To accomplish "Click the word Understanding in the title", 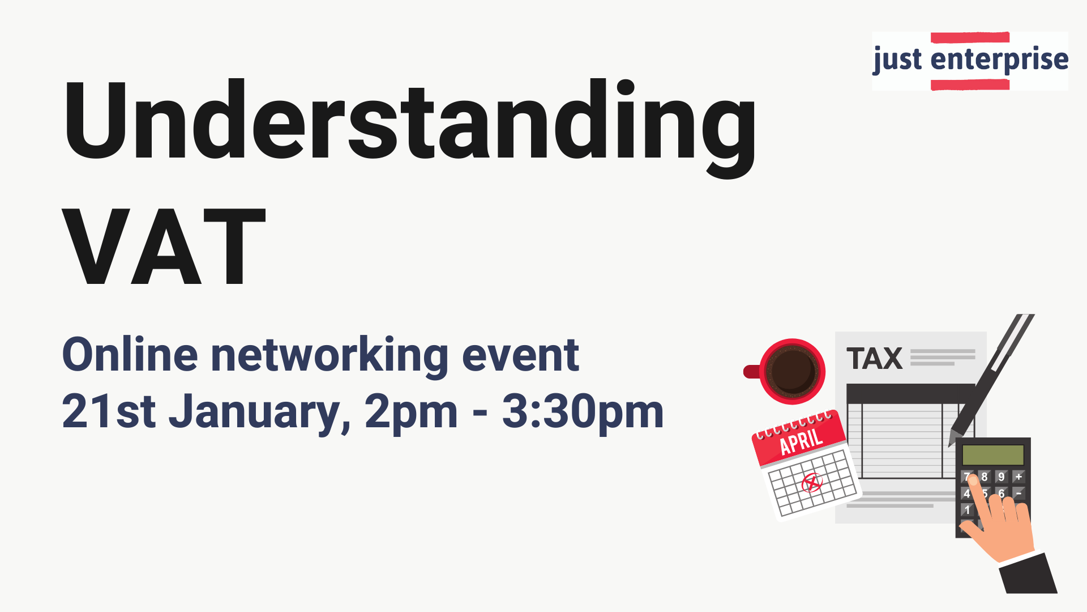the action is point(410,128).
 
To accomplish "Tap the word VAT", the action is point(164,247).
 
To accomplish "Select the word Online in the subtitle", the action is point(130,355).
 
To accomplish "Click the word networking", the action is point(329,356).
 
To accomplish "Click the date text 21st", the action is point(109,411).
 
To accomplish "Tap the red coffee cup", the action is point(785,372).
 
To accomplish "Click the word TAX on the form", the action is point(875,359).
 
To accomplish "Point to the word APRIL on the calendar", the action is point(801,442).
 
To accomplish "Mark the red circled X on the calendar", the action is point(812,483).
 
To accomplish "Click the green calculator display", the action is point(993,454).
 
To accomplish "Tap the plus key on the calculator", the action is point(1018,477).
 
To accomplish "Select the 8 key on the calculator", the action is point(985,477).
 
